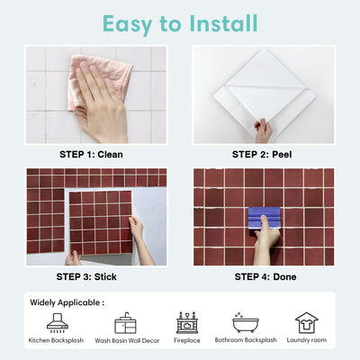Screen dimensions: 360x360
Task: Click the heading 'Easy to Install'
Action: [180, 22]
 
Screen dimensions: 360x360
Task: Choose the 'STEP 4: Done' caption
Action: [263, 276]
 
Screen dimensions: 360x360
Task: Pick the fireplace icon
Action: [186, 322]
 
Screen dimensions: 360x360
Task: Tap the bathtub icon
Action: [246, 322]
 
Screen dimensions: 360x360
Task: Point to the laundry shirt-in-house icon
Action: [306, 322]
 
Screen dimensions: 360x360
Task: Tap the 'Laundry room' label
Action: [306, 341]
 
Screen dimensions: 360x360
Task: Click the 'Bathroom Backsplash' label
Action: [246, 341]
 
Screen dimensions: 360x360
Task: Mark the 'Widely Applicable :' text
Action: [67, 302]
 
